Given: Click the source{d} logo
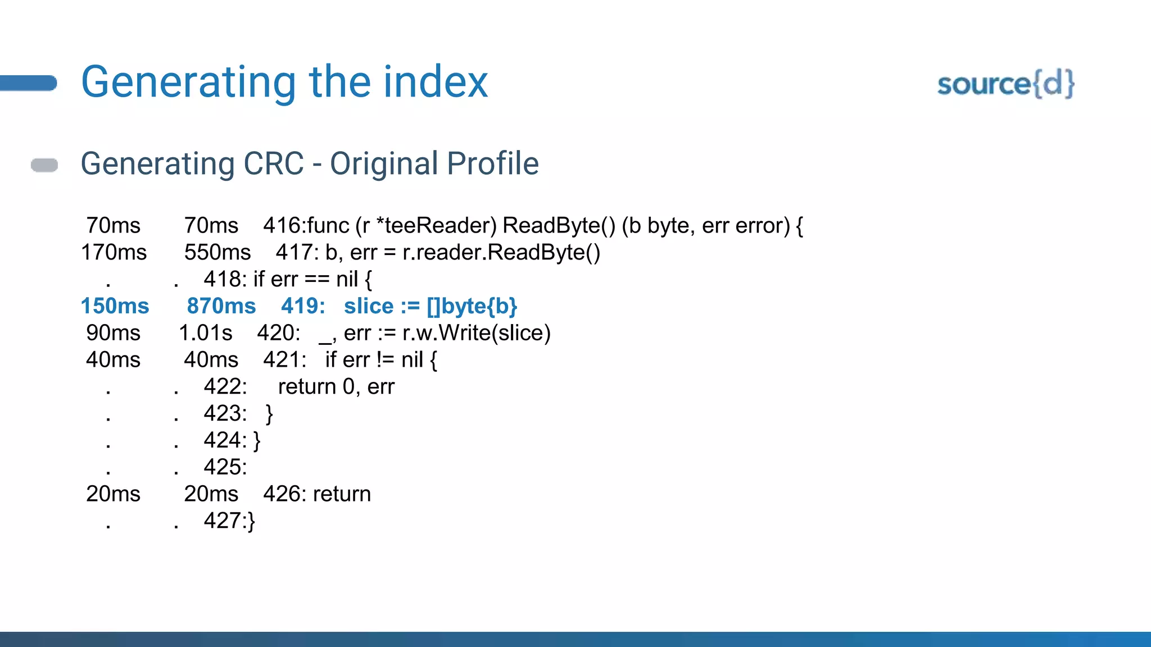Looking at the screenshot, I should click(1005, 84).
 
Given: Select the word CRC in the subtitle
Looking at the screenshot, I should click(273, 164).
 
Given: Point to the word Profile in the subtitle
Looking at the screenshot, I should click(493, 164).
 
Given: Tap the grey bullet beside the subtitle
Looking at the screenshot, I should click(44, 165).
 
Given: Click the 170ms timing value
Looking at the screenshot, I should click(114, 252).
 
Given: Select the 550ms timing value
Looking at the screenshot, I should click(217, 252).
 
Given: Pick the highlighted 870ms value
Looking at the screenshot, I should click(221, 306).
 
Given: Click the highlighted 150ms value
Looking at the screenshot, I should click(115, 306).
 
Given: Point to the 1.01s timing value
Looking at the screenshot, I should click(205, 333).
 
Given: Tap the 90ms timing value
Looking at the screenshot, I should click(113, 333).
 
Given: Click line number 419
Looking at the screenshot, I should click(302, 306).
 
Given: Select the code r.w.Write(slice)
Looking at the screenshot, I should click(476, 333).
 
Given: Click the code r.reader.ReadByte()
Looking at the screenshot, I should click(501, 252).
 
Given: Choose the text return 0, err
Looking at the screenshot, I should click(336, 387).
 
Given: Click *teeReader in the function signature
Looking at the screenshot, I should click(437, 225).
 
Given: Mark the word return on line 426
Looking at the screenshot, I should click(342, 494).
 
